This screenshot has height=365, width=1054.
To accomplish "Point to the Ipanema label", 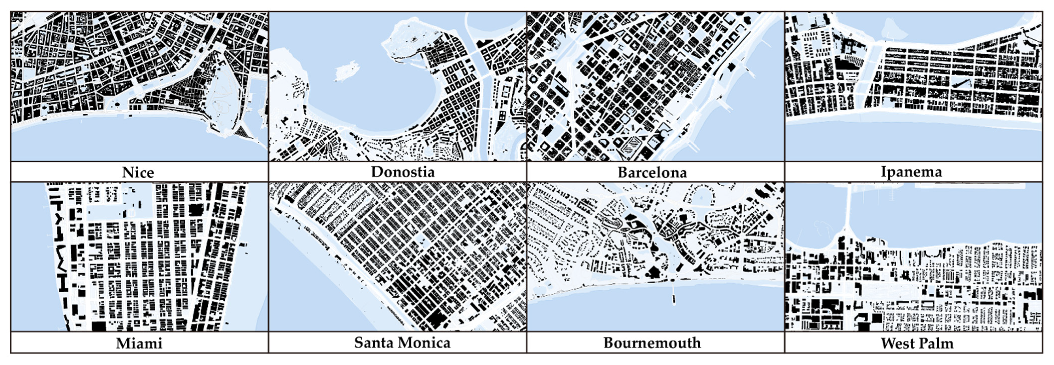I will pos(911,172).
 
